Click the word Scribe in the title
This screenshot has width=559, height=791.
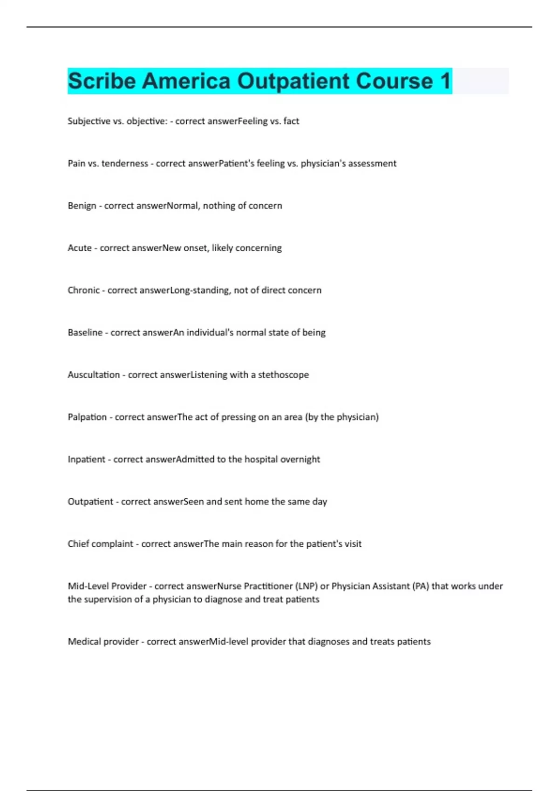(102, 81)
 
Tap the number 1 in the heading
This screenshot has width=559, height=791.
(445, 81)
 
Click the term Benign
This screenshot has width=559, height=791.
(82, 206)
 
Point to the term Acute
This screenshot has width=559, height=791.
(80, 248)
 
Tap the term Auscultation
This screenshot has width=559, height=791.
(94, 375)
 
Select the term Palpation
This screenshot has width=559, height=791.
(87, 417)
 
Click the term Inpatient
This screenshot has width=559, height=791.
(87, 460)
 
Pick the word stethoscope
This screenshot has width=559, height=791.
(283, 375)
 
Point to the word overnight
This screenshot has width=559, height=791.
(300, 460)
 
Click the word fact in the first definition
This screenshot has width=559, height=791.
(291, 121)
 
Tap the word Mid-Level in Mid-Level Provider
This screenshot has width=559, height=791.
(88, 586)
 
